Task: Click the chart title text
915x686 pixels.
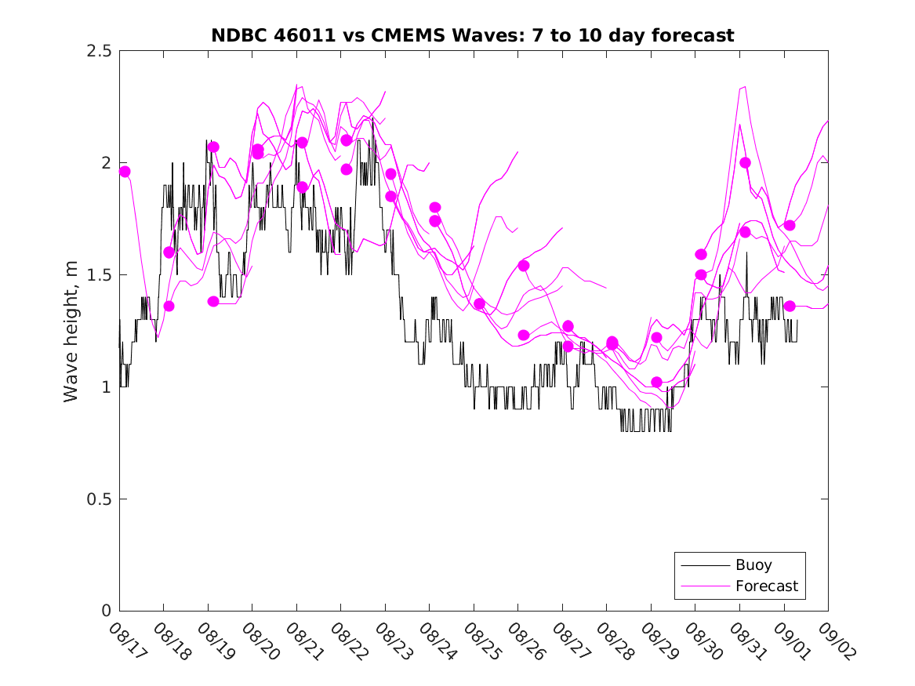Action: pos(473,35)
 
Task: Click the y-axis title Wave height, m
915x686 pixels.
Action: pos(71,331)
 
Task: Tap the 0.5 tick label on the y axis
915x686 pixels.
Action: pos(98,499)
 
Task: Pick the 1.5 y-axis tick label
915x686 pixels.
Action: pos(98,275)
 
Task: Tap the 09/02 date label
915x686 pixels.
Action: pos(833,642)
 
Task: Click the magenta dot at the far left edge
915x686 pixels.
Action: pos(124,171)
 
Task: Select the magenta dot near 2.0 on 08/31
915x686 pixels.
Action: pos(745,162)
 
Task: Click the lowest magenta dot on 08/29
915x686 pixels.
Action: pos(657,382)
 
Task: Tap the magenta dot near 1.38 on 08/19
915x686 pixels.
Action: pos(213,301)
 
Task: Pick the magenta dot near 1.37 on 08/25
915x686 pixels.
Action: pos(480,303)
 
